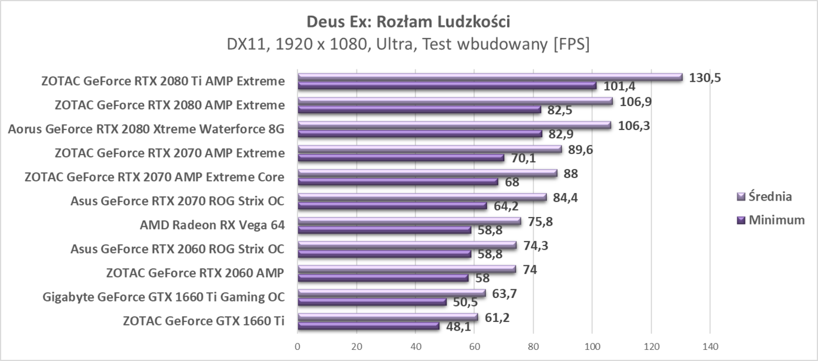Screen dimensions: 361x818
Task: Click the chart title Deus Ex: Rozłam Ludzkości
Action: tap(408, 22)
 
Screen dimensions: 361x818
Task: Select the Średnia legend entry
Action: tap(765, 196)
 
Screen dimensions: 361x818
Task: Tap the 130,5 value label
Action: tap(705, 78)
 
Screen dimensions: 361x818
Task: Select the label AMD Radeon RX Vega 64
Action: tap(212, 225)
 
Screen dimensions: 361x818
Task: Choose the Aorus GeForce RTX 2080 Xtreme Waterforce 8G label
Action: tap(146, 129)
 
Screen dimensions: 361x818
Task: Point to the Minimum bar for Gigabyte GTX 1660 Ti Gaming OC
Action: tap(372, 302)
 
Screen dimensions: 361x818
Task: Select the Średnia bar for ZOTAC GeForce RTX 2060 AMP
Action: tap(407, 269)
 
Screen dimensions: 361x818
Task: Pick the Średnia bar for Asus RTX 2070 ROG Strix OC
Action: tap(422, 197)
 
